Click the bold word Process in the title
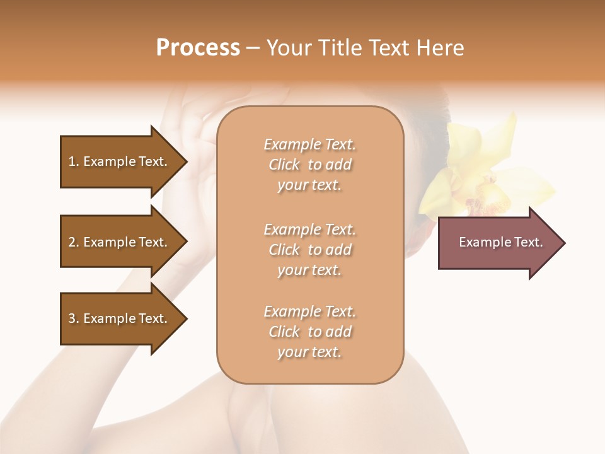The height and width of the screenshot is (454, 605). point(198,48)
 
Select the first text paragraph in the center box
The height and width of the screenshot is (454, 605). point(309,165)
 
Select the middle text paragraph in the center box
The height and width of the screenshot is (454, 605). point(309,249)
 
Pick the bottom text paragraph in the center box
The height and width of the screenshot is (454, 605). point(309,332)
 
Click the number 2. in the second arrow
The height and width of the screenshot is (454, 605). point(74,242)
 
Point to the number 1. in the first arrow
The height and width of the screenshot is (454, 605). point(74,161)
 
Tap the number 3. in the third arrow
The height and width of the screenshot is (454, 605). point(74,318)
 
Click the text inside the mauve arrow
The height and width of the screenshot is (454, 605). point(500,242)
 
